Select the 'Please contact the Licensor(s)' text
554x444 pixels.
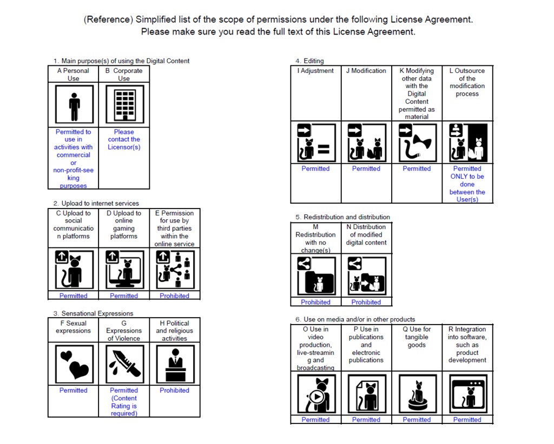click(x=124, y=139)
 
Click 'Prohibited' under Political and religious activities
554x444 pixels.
click(x=174, y=391)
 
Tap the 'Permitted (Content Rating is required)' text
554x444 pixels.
click(x=124, y=402)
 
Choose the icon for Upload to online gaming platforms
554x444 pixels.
click(x=124, y=270)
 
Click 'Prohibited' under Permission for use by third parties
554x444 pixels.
click(x=174, y=296)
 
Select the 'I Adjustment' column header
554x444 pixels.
click(x=315, y=71)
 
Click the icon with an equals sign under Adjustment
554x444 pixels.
click(x=315, y=143)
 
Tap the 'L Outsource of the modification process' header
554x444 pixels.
click(x=467, y=82)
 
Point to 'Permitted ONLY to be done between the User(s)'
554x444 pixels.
click(x=467, y=184)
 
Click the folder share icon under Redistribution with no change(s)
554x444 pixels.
click(x=315, y=275)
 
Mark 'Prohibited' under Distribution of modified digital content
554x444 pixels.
click(x=366, y=302)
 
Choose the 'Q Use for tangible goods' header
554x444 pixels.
click(x=417, y=337)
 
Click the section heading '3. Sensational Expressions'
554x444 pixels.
click(x=93, y=313)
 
